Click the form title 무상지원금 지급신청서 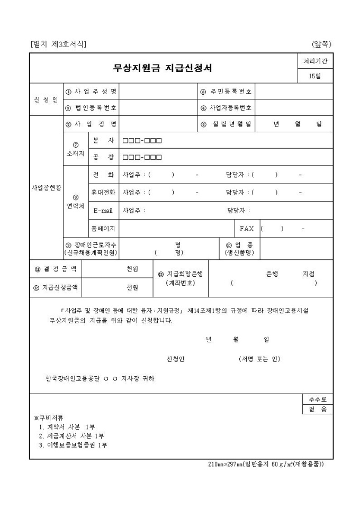(163, 68)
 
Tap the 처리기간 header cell (315, 61)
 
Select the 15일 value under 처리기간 (315, 76)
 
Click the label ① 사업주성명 (91, 92)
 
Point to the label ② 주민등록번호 (226, 92)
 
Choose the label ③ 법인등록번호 (91, 108)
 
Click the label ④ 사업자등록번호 (226, 108)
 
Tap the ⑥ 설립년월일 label (226, 124)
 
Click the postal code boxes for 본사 (142, 141)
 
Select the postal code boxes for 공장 (142, 157)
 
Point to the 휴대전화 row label (103, 193)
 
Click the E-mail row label (103, 211)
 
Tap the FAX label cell (247, 229)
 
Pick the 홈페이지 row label (103, 229)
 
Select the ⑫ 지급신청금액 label (56, 287)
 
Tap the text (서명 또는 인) (259, 359)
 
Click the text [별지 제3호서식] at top (59, 44)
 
